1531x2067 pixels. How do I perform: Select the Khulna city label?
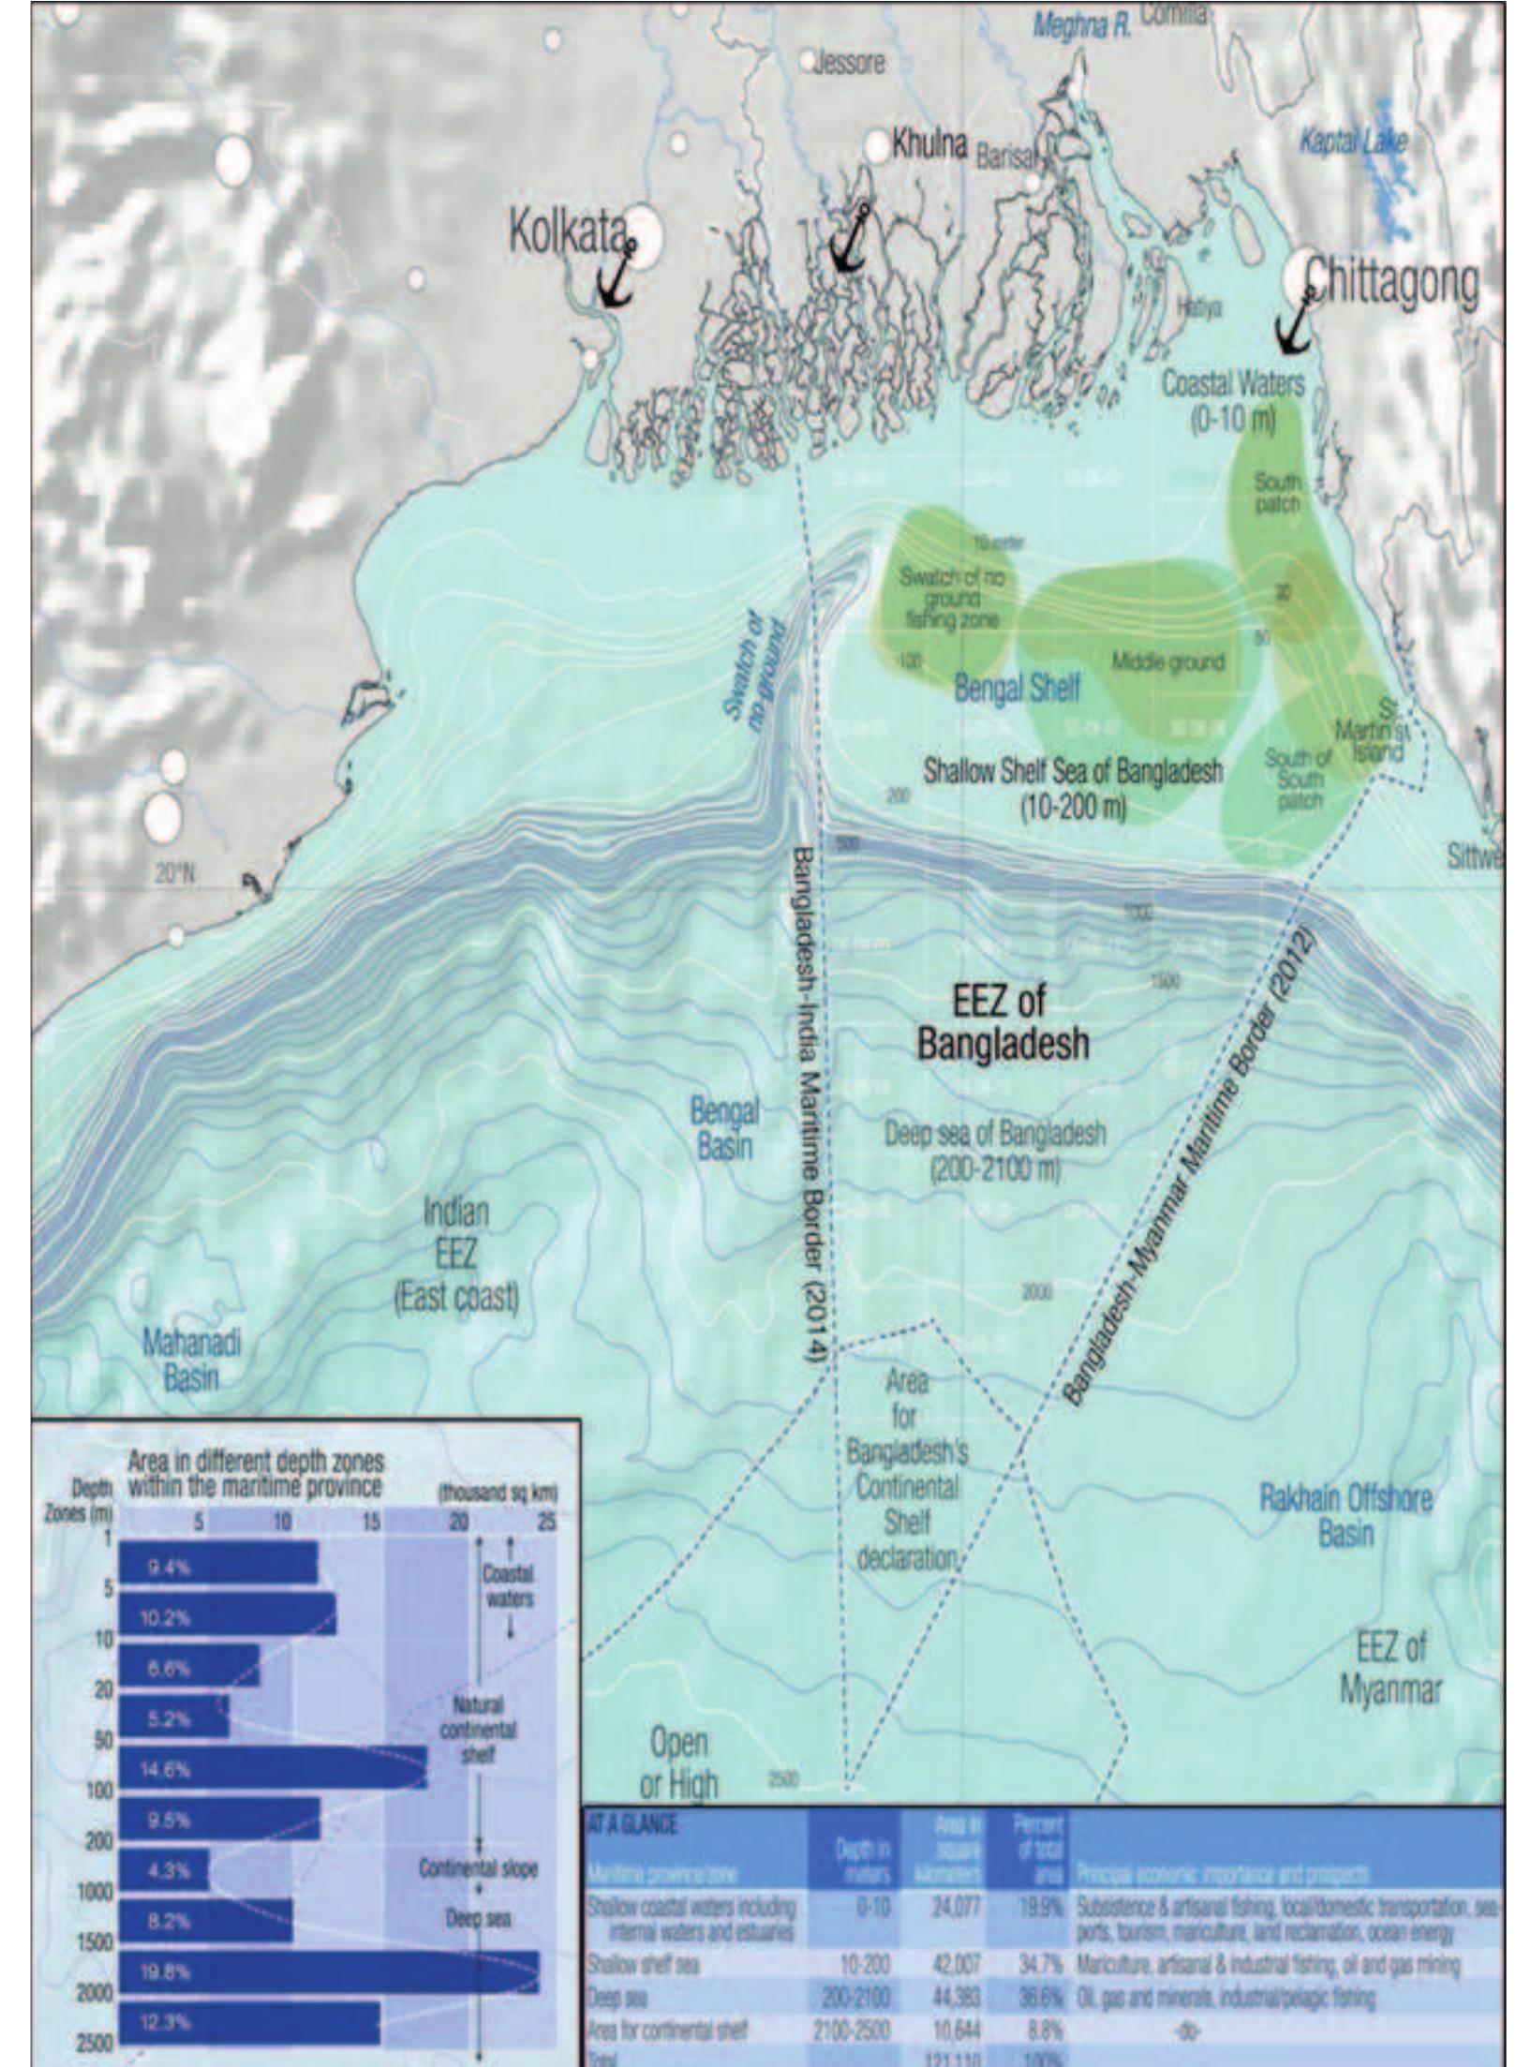coord(929,145)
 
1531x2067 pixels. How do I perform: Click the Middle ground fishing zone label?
coord(1167,662)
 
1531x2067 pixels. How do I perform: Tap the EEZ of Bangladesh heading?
coord(1002,1023)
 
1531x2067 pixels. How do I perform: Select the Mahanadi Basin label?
coord(191,1360)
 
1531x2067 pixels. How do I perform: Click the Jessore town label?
coord(848,64)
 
